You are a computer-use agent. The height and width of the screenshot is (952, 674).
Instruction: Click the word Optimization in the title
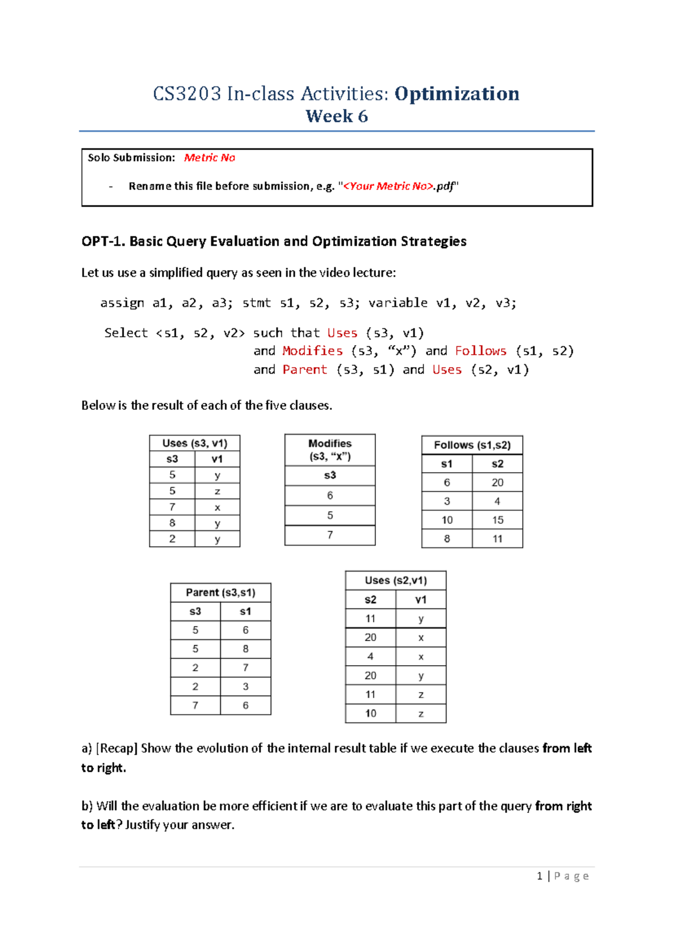pyautogui.click(x=457, y=93)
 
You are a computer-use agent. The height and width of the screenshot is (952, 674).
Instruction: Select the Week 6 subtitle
pyautogui.click(x=336, y=116)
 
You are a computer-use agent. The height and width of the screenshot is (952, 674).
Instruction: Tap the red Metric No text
pyautogui.click(x=210, y=158)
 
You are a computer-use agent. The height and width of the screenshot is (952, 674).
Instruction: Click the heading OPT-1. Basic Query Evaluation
pyautogui.click(x=274, y=241)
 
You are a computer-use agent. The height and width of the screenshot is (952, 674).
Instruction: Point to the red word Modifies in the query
pyautogui.click(x=312, y=351)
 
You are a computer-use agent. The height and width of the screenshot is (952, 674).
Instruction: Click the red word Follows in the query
pyautogui.click(x=480, y=351)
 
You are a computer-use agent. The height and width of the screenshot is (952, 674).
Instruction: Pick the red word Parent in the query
pyautogui.click(x=304, y=369)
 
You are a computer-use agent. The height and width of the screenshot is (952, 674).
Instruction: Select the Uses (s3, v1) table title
pyautogui.click(x=194, y=443)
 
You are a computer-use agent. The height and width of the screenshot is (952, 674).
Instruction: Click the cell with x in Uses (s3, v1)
pyautogui.click(x=217, y=507)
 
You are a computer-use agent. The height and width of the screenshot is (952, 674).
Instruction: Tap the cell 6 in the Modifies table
pyautogui.click(x=330, y=495)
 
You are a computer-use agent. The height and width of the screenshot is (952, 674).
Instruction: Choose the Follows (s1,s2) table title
pyautogui.click(x=472, y=445)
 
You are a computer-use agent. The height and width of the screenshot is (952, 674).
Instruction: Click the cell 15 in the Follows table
pyautogui.click(x=497, y=520)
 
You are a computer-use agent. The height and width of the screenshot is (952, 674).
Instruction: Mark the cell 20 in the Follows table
pyautogui.click(x=497, y=482)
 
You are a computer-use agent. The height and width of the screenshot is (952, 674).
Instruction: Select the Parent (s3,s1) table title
pyautogui.click(x=220, y=592)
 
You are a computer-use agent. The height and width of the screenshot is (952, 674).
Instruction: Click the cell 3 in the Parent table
pyautogui.click(x=245, y=686)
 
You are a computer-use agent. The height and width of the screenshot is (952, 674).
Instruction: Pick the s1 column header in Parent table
pyautogui.click(x=245, y=611)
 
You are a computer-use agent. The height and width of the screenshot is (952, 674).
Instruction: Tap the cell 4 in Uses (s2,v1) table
pyautogui.click(x=370, y=656)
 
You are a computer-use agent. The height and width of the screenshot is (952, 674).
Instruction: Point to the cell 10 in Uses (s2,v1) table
pyautogui.click(x=370, y=713)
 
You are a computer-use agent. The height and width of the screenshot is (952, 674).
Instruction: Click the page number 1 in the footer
pyautogui.click(x=539, y=876)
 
